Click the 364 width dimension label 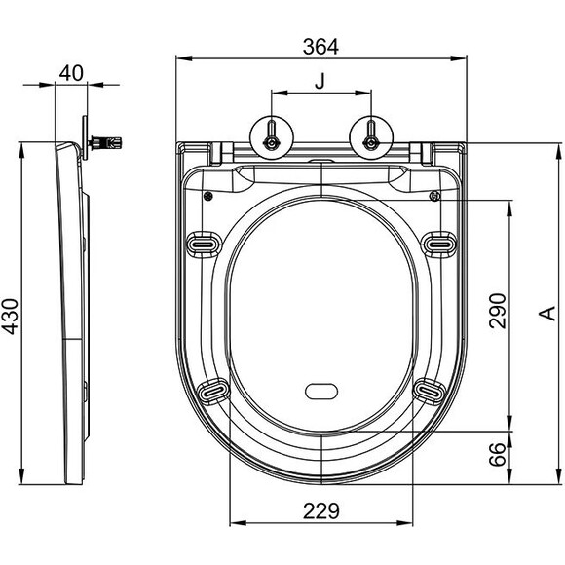coord(320,47)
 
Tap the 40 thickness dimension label coord(71,73)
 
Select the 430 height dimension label coord(10,317)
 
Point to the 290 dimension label coord(498,311)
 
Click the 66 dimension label coord(498,454)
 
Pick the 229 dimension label coord(321,511)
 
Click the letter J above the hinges coord(320,81)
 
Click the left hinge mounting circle coord(272,137)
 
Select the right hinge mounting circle coord(371,137)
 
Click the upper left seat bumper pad coord(204,245)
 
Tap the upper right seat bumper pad coord(438,245)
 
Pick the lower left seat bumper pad coord(213,391)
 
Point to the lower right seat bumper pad coord(430,391)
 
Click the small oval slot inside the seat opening coord(321,392)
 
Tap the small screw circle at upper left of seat coord(207,197)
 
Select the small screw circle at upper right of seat coord(434,197)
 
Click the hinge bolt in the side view coord(105,142)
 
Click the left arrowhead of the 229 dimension coord(239,523)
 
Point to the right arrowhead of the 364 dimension coord(459,58)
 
